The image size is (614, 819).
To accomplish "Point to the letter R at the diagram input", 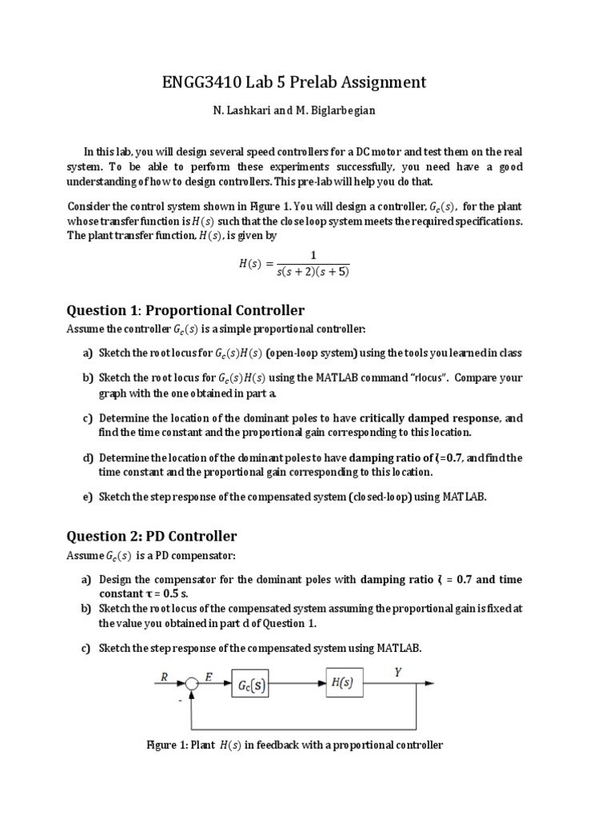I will pos(163,676).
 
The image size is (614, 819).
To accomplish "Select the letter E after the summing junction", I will pos(208,676).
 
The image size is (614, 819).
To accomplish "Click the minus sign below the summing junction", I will pos(181,700).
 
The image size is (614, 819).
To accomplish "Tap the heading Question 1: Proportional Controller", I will pos(185,310).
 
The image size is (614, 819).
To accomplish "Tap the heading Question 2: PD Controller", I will pos(152,536).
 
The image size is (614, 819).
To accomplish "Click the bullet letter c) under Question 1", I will pos(87,418).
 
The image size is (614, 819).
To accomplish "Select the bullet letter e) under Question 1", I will pos(87,497).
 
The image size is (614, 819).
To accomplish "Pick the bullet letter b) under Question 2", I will pos(87,609).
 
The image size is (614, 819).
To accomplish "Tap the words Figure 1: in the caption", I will pos(166,745).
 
